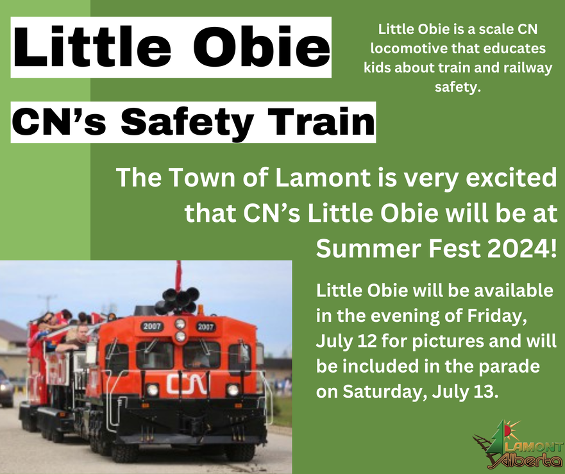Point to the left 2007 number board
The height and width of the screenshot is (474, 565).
coord(151,326)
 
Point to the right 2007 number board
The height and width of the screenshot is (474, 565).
coord(205,327)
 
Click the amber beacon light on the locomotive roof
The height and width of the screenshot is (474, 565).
coord(200,309)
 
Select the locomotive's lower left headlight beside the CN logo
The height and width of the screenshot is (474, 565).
coord(153,389)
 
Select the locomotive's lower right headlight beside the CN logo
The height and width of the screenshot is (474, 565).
coord(233,389)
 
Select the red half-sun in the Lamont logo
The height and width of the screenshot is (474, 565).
coord(508,429)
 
